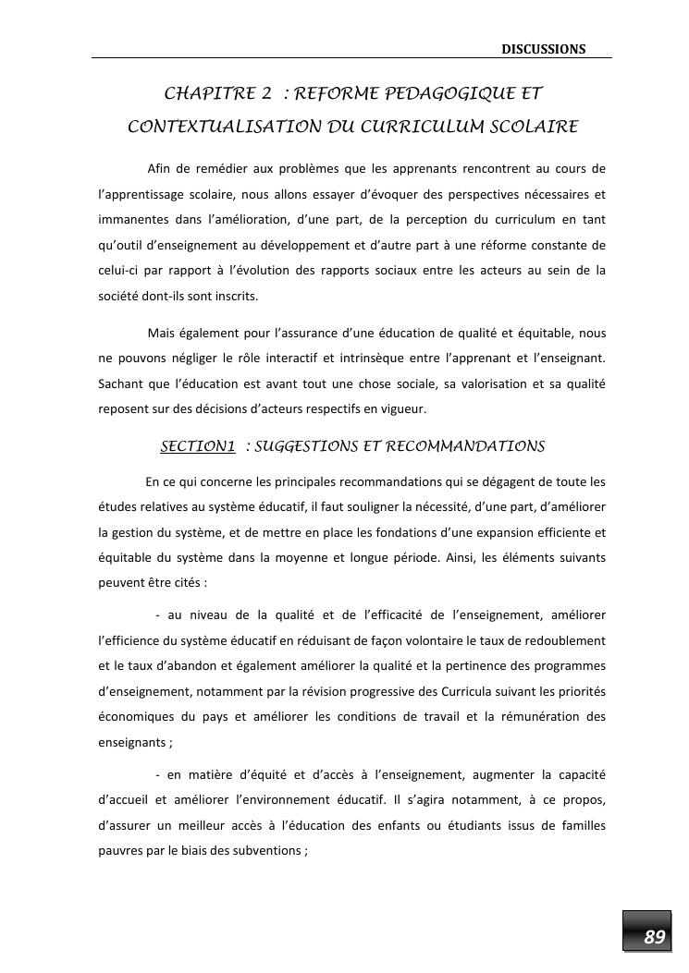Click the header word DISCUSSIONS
pos(544,49)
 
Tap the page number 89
pos(654,937)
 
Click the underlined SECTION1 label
pos(198,447)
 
